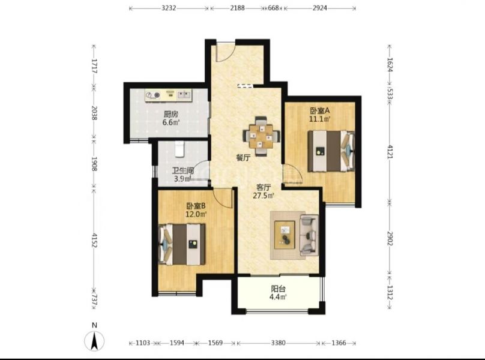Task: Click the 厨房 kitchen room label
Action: (x=170, y=114)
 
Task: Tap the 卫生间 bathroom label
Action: (x=183, y=170)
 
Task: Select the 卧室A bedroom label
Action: (x=320, y=110)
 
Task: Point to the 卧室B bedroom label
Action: (x=196, y=206)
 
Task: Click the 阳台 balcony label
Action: (x=278, y=289)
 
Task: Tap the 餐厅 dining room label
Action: (x=243, y=158)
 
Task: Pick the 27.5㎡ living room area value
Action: (x=264, y=196)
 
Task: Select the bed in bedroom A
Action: (x=331, y=151)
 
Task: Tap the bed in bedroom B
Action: (x=182, y=244)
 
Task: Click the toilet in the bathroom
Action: (x=179, y=149)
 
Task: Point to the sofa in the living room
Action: (x=309, y=235)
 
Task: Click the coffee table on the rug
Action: (x=285, y=235)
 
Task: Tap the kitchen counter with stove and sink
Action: (x=169, y=95)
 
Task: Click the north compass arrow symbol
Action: (x=95, y=341)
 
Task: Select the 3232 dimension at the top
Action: (x=169, y=8)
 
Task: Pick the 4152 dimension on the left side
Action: (x=94, y=241)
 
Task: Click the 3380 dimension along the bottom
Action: (x=278, y=343)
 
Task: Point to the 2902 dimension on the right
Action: (x=390, y=238)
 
